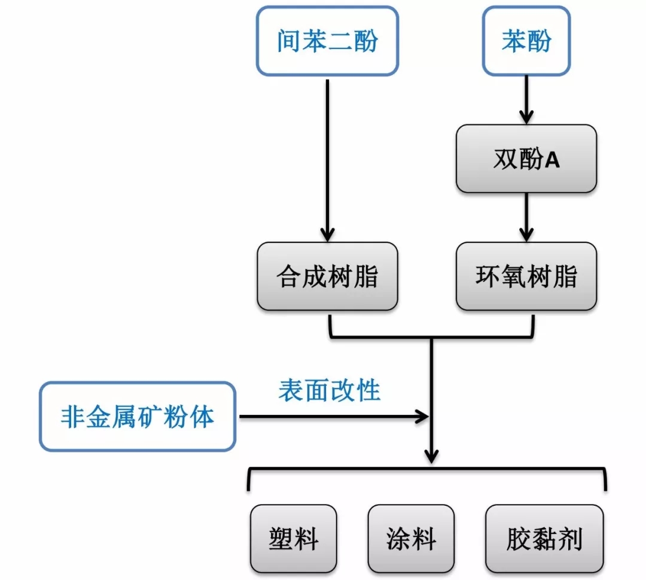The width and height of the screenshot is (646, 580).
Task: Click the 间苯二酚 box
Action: (327, 41)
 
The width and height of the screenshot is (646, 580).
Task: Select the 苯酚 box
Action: (526, 41)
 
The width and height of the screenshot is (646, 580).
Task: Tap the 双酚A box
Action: (526, 159)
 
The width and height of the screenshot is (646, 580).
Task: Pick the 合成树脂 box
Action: (327, 277)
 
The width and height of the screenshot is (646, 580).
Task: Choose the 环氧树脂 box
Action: (526, 277)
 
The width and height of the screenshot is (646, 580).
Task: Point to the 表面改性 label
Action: (329, 390)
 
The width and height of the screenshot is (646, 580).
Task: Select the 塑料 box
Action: (293, 539)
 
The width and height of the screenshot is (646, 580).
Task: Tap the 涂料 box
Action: (410, 539)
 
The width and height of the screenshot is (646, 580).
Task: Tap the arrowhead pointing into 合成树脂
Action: (327, 234)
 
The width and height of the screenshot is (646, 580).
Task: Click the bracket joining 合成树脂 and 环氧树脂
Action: (431, 336)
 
